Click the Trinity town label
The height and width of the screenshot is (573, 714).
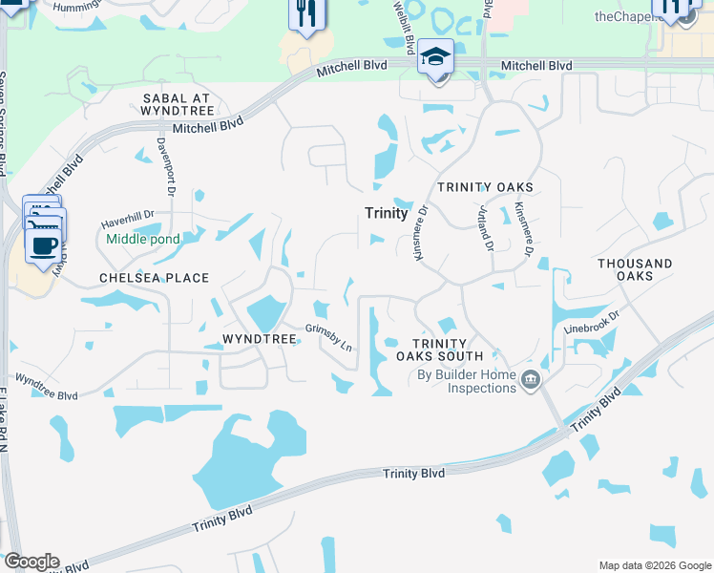coord(387,213)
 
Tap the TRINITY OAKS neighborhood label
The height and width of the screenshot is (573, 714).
coord(485,187)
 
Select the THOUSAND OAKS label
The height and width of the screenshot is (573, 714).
coord(635,269)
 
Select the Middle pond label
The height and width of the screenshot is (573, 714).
coord(143,239)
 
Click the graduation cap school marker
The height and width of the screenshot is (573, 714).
coord(436,59)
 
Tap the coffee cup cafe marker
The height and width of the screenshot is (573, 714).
coord(42,244)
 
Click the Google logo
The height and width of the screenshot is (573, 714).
coord(31,562)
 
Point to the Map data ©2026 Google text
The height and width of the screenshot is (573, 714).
coord(654,565)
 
